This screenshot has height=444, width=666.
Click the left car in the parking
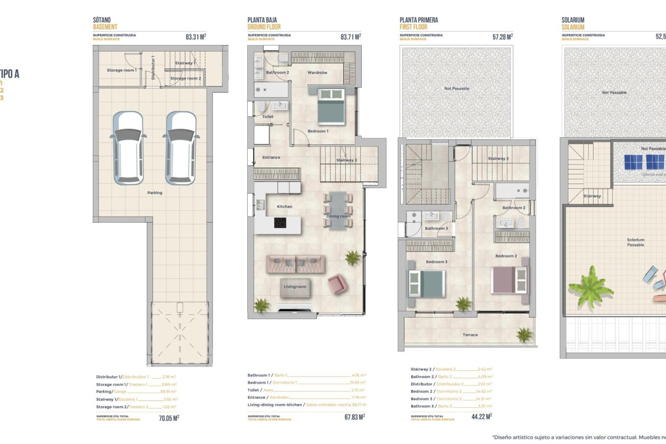point(128,148)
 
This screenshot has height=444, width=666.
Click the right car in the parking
point(181,148)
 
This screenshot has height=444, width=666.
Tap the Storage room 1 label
point(121,70)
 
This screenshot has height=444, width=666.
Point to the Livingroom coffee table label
point(295,287)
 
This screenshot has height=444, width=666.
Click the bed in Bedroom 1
point(331,106)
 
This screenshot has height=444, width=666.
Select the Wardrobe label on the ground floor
point(317,73)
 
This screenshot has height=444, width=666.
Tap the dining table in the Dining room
point(338,211)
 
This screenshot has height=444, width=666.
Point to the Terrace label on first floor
point(470,335)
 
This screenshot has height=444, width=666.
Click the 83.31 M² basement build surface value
point(196,37)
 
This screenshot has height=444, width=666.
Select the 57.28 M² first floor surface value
point(502,37)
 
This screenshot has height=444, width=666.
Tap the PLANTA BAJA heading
point(262,20)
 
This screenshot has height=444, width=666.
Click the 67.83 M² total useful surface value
point(355,417)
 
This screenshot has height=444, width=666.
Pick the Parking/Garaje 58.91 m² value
point(168,392)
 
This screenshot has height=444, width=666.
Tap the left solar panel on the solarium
point(633,162)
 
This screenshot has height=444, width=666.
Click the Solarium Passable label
point(635,242)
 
